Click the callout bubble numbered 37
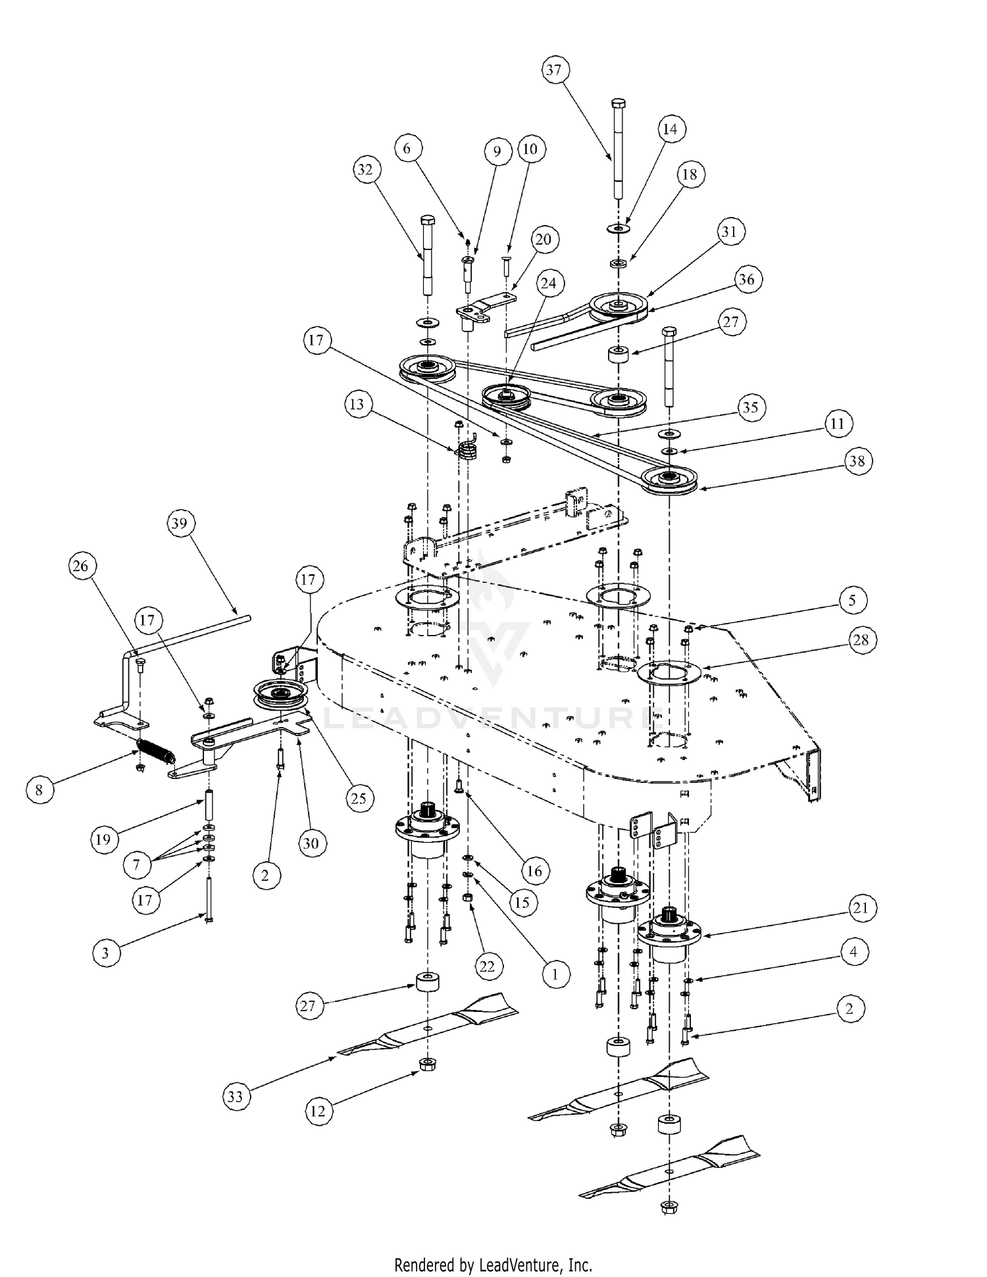pos(554,70)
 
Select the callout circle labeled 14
pos(669,129)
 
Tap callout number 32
pos(365,170)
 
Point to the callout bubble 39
pos(179,524)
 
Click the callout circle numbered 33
pos(236,1096)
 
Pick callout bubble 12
pos(318,1111)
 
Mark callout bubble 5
pos(853,600)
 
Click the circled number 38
pos(857,461)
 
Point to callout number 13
pos(357,403)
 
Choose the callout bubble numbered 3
pos(105,953)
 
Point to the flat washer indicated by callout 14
pos(619,228)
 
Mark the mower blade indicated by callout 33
pos(428,1029)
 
